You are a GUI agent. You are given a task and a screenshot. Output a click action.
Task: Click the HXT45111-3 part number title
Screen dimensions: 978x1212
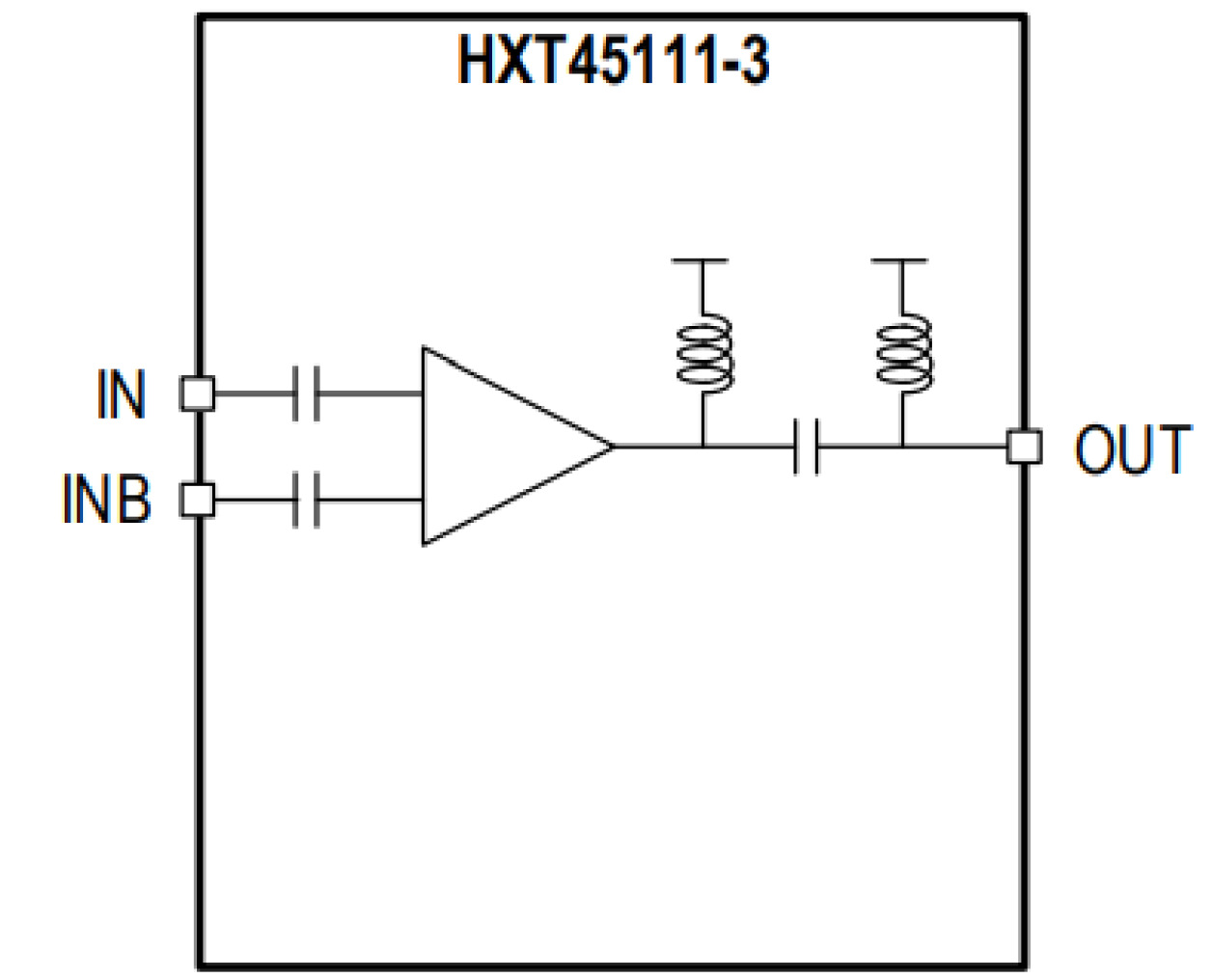coord(613,61)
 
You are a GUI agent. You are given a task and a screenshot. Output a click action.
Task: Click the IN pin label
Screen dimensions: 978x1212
coord(121,394)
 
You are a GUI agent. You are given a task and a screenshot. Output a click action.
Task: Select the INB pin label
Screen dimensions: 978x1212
coord(106,499)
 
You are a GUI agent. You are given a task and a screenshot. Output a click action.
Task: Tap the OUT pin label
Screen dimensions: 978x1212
coord(1132,449)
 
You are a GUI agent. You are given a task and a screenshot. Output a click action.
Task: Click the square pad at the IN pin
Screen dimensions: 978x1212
coord(198,394)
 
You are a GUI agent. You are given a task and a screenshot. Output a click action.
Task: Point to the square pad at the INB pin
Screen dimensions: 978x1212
coord(198,501)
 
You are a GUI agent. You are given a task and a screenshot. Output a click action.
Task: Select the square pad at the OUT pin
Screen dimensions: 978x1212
coord(1024,447)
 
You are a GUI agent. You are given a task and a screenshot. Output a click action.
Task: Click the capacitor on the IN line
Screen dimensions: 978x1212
coord(306,394)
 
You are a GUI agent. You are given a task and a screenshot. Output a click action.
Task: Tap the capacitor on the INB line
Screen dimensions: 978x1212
coord(306,501)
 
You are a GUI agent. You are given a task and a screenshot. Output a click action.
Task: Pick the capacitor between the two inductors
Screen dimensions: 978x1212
coord(807,447)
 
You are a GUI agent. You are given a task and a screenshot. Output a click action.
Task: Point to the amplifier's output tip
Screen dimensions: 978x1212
coord(612,447)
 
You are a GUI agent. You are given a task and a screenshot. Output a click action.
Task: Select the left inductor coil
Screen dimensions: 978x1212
coord(704,353)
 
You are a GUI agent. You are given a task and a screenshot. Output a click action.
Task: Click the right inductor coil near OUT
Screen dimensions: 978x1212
coord(903,353)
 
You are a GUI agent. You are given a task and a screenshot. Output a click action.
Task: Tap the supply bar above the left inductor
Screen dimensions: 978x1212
coord(700,260)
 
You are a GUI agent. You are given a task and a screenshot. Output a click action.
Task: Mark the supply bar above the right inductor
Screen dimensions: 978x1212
coord(899,260)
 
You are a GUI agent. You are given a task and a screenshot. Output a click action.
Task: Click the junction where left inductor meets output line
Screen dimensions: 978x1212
coord(703,447)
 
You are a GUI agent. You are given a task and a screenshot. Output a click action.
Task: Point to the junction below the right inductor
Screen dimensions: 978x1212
coord(902,447)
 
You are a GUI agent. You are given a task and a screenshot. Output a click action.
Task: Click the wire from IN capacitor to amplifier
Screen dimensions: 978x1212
coord(371,394)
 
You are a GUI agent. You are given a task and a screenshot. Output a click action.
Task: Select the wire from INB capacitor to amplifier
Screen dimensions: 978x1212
coord(371,501)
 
